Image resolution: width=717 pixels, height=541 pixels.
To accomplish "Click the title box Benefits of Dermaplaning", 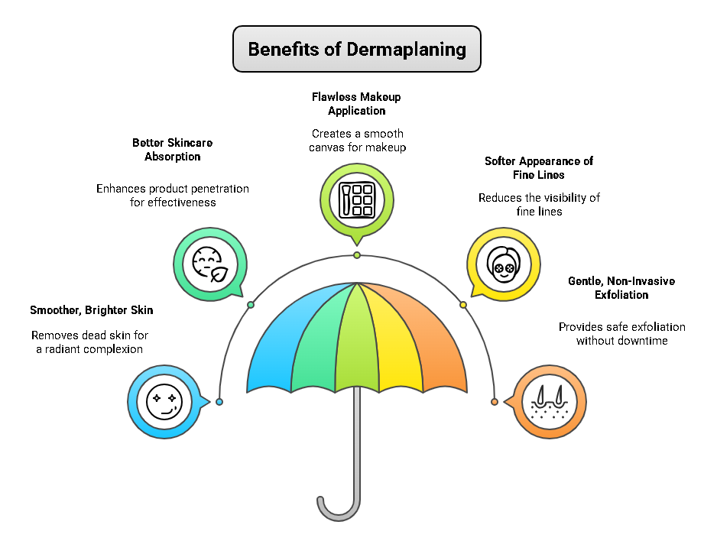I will [357, 49].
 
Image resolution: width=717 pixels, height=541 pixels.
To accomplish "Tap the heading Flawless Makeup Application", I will [356, 104].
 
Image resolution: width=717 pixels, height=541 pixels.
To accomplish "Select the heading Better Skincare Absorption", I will [173, 150].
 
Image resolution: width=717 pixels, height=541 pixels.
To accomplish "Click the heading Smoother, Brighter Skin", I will [92, 310].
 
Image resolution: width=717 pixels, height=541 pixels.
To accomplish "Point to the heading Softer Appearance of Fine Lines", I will [539, 168].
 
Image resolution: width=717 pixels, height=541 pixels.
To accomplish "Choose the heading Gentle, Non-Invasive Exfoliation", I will [621, 288].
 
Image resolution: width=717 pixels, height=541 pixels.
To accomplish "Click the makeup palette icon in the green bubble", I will [356, 200].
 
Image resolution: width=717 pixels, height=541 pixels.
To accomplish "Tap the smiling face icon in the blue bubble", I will [164, 401].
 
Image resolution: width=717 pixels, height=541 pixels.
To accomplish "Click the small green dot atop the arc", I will [357, 255].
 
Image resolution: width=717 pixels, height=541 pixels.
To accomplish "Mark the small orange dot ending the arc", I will [495, 402].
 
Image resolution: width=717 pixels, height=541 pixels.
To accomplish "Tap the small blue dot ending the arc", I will [219, 402].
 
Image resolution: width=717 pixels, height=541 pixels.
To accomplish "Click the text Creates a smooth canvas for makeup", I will [357, 141].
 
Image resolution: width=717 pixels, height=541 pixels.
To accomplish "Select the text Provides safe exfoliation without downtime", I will [621, 334].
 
